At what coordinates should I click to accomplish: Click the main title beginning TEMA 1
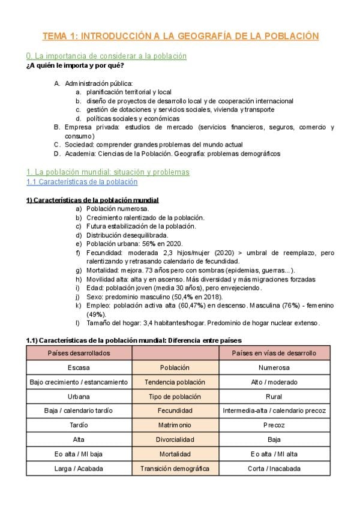click(181, 36)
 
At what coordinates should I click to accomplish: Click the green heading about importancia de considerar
click(106, 56)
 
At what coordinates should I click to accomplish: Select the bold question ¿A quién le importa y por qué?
click(75, 65)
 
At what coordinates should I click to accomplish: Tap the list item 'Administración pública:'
click(99, 83)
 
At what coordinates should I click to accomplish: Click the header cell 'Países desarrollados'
click(79, 353)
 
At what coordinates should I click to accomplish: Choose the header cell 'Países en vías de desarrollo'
click(274, 353)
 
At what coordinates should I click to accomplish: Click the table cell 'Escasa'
click(79, 367)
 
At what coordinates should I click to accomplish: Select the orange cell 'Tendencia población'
click(175, 382)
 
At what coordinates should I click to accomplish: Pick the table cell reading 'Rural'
click(274, 396)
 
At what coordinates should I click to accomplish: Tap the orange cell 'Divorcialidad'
click(175, 439)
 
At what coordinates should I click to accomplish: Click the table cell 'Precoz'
click(274, 425)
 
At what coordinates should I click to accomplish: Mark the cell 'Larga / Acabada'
click(79, 468)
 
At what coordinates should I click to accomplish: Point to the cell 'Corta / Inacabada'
click(274, 468)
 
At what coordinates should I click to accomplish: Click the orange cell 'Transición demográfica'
click(175, 468)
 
